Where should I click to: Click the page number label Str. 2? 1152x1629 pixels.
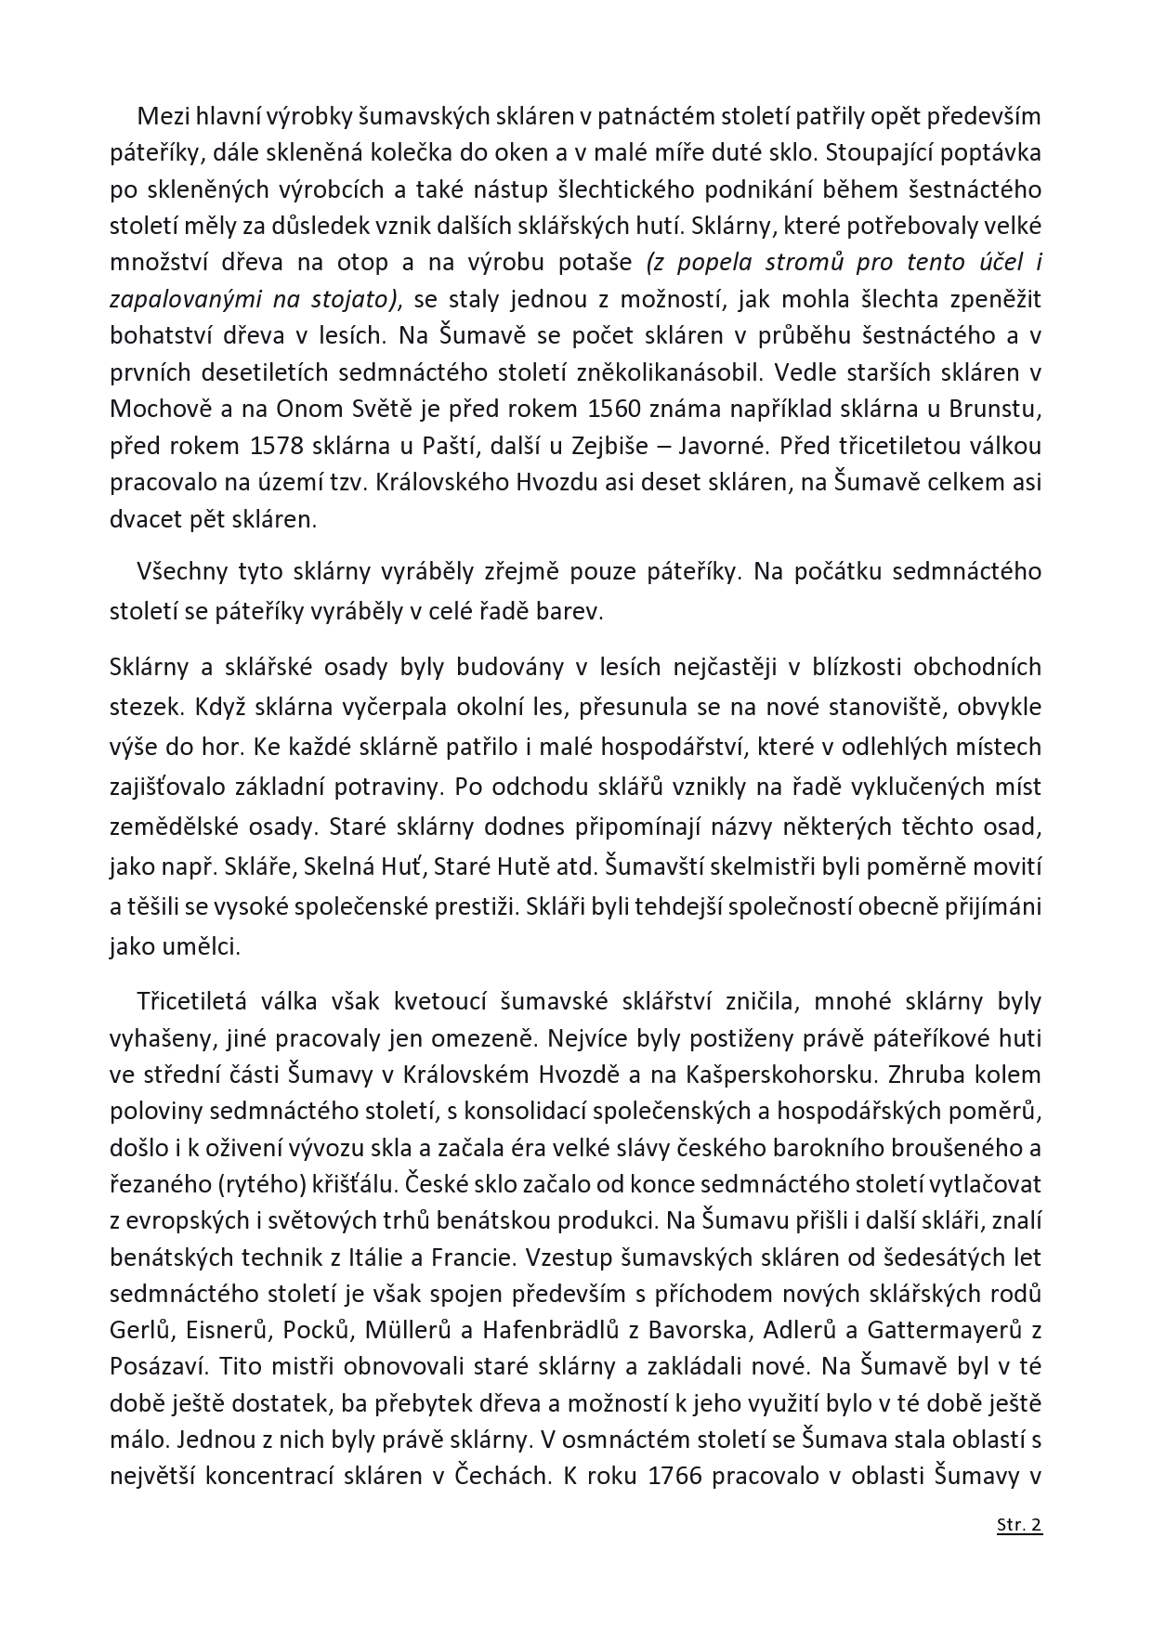tap(1019, 1524)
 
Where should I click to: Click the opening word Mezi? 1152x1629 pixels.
tap(159, 116)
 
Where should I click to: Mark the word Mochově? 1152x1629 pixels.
tap(154, 409)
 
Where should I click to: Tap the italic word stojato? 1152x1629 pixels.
tap(359, 298)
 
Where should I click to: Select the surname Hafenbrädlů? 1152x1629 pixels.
tap(549, 1330)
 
